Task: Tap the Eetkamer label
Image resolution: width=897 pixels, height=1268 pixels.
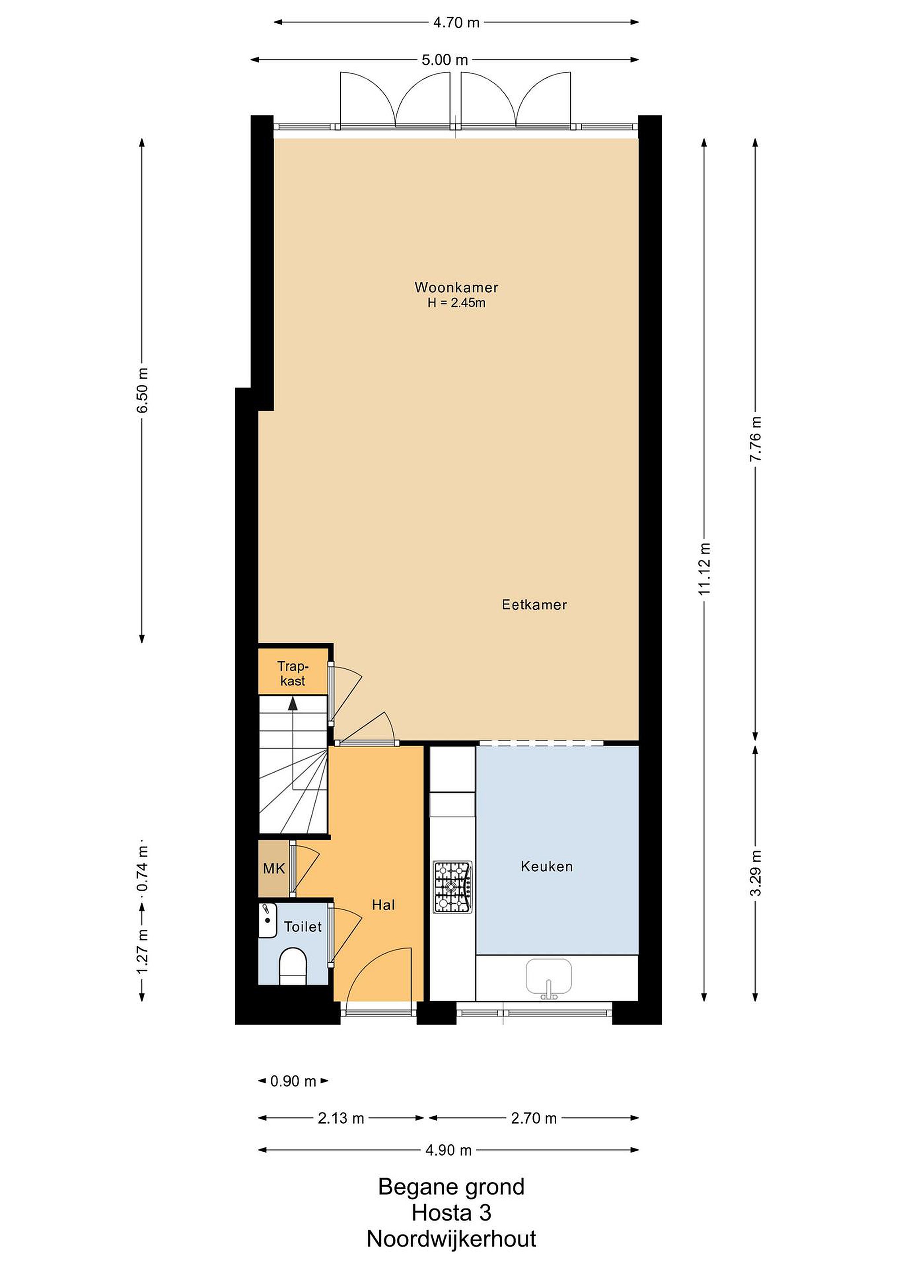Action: click(x=534, y=605)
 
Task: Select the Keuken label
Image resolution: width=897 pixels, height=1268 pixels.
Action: click(x=547, y=866)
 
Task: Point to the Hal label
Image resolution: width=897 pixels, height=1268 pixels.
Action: click(x=383, y=905)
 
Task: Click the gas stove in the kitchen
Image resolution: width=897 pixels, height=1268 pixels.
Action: click(x=452, y=887)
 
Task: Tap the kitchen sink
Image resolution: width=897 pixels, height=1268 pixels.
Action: click(x=549, y=978)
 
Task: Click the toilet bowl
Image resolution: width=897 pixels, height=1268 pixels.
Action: click(x=293, y=966)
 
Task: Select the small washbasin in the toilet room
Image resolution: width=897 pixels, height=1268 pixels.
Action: click(x=267, y=921)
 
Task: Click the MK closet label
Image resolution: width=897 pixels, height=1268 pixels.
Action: click(x=274, y=869)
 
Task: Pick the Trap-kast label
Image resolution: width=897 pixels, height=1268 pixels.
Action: click(x=293, y=673)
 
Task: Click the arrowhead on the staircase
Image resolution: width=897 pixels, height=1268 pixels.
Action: click(x=293, y=703)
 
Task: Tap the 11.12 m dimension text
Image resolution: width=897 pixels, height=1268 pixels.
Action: click(x=704, y=569)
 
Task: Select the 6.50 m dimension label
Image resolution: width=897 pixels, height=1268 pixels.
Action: click(x=143, y=390)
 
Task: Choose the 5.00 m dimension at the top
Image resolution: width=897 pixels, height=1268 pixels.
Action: click(x=445, y=59)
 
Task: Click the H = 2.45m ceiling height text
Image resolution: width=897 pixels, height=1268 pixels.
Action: click(x=456, y=302)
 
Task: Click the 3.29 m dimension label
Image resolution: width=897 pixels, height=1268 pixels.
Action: click(x=756, y=873)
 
